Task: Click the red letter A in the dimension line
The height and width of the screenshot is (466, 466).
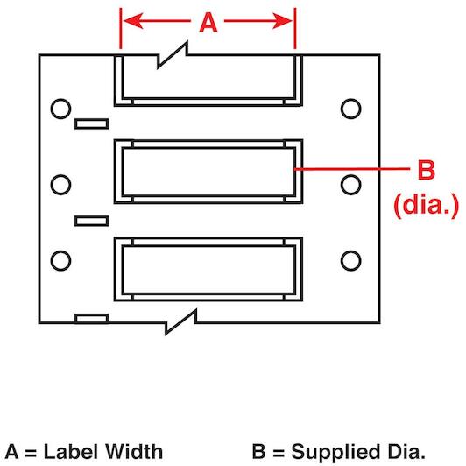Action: point(208,23)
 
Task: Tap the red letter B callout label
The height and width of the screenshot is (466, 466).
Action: point(426,170)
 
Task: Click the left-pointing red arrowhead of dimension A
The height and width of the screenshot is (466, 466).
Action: point(133,21)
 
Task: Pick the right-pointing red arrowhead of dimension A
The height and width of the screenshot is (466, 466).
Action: point(282,21)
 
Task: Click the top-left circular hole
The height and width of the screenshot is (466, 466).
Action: point(60,109)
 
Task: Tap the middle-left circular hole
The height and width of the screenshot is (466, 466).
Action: point(60,185)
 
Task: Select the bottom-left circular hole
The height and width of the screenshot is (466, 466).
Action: point(60,261)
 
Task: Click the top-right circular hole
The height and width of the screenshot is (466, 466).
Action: point(350,109)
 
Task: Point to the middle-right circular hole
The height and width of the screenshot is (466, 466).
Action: point(350,185)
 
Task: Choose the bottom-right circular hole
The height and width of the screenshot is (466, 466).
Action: point(350,261)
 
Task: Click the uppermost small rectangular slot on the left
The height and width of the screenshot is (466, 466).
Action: point(91,124)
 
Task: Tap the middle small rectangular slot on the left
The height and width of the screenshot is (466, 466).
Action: point(91,221)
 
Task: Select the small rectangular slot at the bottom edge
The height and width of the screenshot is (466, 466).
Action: point(91,319)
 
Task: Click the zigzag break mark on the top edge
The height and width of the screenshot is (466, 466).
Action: point(173,55)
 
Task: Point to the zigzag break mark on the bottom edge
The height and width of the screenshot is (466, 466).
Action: point(181,322)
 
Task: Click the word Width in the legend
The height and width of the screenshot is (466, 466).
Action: point(134,452)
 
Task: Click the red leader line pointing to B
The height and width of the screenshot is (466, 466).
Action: point(352,169)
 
